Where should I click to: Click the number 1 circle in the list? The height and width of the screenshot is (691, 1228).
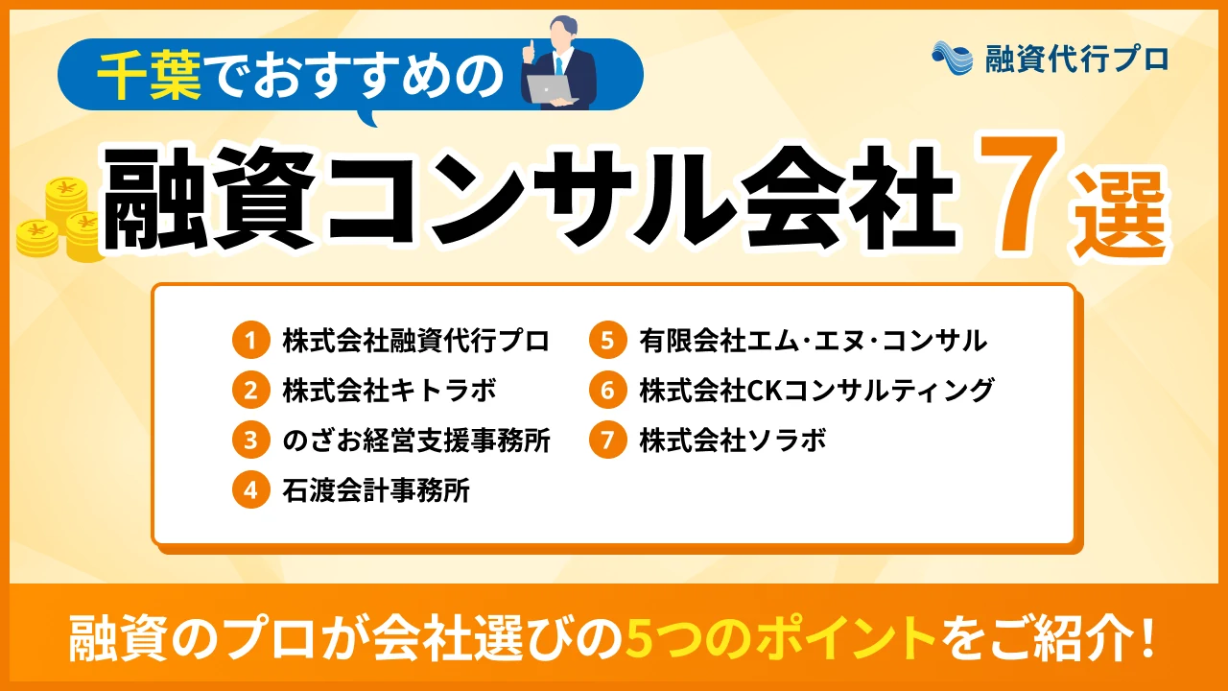pyautogui.click(x=250, y=341)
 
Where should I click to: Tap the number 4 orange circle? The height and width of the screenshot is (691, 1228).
pyautogui.click(x=250, y=491)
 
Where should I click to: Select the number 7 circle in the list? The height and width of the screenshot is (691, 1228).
pyautogui.click(x=607, y=441)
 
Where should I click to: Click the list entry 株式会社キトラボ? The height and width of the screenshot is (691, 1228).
pyautogui.click(x=390, y=391)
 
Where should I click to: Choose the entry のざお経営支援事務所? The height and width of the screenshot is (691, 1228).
pyautogui.click(x=416, y=441)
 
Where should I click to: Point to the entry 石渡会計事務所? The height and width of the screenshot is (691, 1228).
pyautogui.click(x=376, y=491)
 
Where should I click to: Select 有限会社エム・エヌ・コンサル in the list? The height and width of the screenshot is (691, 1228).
pyautogui.click(x=814, y=341)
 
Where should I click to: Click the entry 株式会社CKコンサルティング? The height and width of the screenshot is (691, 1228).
pyautogui.click(x=816, y=391)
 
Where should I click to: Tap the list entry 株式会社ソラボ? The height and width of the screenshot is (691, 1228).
pyautogui.click(x=733, y=441)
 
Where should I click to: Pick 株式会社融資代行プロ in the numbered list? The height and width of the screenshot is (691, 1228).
pyautogui.click(x=416, y=341)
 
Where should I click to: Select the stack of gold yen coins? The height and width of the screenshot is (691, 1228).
pyautogui.click(x=59, y=221)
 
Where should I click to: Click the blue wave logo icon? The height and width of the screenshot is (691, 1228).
pyautogui.click(x=953, y=58)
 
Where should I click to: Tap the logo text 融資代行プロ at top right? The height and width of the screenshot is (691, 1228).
pyautogui.click(x=1076, y=59)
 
